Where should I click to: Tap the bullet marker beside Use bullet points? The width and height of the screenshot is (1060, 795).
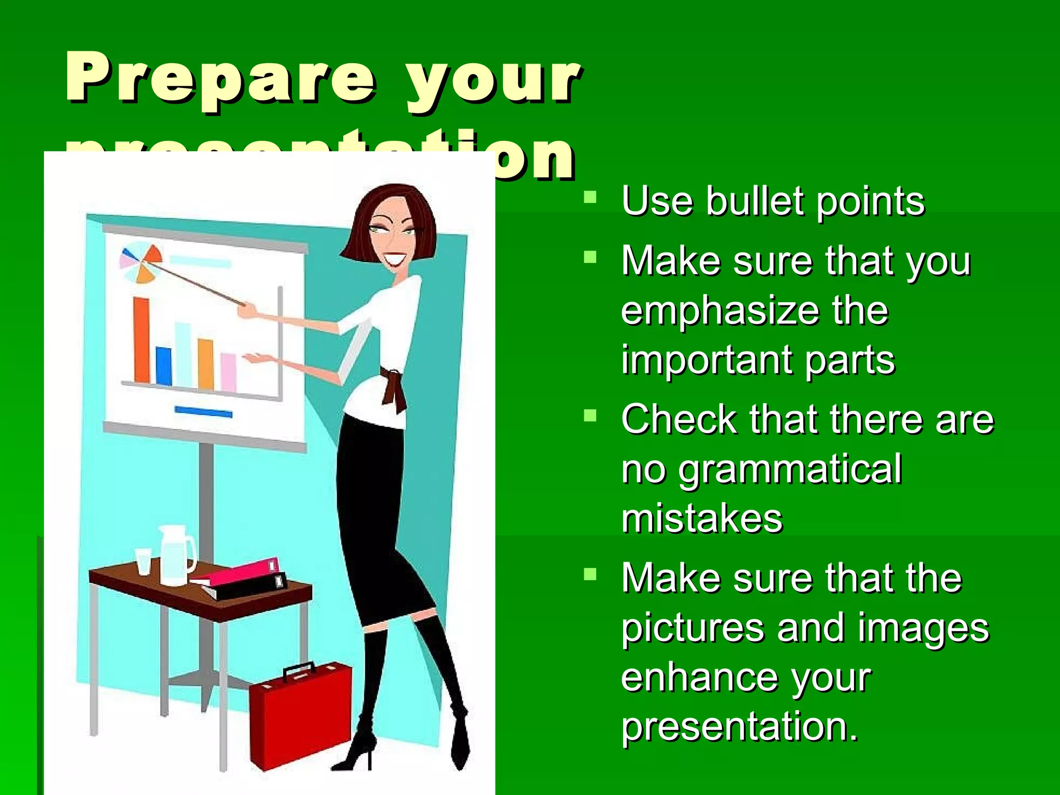[x=590, y=197]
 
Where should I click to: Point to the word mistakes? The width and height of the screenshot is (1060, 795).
[x=702, y=519]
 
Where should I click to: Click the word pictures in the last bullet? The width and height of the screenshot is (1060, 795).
[x=693, y=628]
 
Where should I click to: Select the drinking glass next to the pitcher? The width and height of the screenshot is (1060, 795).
[x=143, y=562]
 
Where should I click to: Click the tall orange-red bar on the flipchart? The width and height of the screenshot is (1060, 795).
[x=142, y=340]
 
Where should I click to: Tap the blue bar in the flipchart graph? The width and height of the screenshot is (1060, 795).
[x=164, y=366]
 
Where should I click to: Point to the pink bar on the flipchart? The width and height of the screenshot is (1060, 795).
[x=228, y=372]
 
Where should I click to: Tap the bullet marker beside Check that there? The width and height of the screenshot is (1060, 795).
[x=590, y=416]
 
